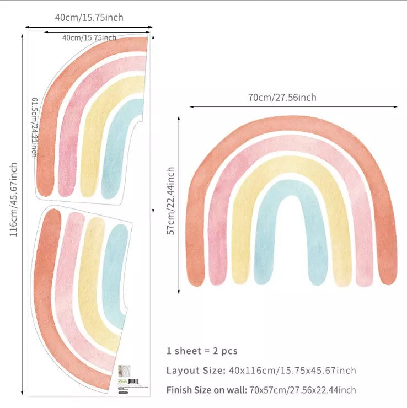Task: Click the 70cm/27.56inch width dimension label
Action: click(282, 98)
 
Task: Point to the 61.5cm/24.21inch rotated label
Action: click(34, 127)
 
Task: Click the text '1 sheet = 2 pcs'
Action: click(202, 351)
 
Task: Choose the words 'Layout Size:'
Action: click(195, 370)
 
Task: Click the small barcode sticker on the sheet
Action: click(128, 381)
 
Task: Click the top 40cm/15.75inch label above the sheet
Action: click(89, 17)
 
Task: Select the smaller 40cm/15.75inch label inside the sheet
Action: click(89, 37)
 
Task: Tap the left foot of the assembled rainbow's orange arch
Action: click(196, 276)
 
